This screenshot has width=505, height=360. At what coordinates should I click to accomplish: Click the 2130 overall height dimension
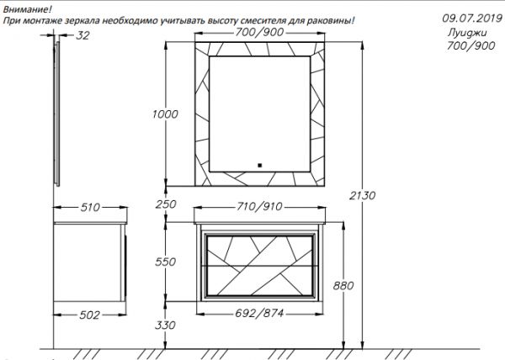coord(362,195)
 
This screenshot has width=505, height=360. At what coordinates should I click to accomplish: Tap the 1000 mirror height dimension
coord(165,114)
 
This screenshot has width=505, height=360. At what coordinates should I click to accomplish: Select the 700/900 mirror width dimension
coord(259,32)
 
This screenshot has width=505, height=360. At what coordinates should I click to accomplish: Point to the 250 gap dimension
coord(166,204)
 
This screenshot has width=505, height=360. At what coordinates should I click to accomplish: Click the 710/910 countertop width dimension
coord(259,206)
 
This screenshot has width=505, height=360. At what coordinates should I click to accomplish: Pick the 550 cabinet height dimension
coord(165,262)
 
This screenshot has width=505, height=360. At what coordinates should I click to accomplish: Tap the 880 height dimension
coord(343,285)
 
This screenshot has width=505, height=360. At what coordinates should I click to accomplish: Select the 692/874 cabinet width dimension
coord(259,313)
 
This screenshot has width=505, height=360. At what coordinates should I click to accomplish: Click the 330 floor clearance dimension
coord(165,325)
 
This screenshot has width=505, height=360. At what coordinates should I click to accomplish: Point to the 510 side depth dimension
coord(90,207)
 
